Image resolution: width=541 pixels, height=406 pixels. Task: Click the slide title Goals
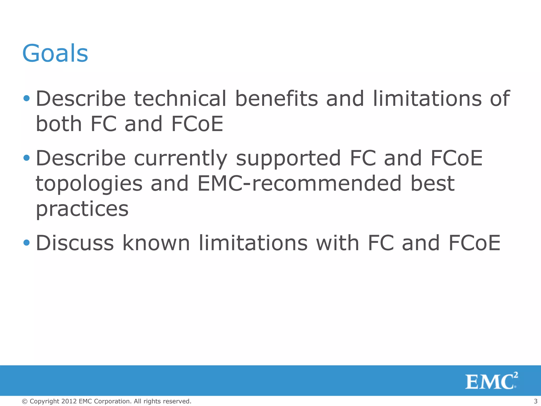(55, 53)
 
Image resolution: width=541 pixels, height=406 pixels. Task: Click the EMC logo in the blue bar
(491, 381)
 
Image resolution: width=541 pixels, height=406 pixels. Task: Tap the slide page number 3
(535, 401)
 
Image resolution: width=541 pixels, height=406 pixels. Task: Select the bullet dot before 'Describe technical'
(26, 99)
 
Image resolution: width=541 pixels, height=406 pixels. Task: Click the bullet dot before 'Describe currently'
(26, 158)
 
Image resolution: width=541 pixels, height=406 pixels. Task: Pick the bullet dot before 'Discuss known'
(26, 242)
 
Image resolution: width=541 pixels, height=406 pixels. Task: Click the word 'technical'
(180, 99)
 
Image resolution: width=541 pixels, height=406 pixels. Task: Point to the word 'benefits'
(276, 99)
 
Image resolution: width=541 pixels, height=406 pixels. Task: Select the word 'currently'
(181, 158)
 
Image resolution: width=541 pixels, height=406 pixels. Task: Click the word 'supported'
(288, 158)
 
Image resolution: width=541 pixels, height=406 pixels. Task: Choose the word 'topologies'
(89, 184)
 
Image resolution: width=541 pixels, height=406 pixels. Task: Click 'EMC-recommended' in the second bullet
(300, 183)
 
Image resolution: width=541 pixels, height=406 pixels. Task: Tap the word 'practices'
(82, 209)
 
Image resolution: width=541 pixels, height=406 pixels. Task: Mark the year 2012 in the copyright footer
(69, 401)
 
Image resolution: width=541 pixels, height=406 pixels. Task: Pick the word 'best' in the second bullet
(432, 183)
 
